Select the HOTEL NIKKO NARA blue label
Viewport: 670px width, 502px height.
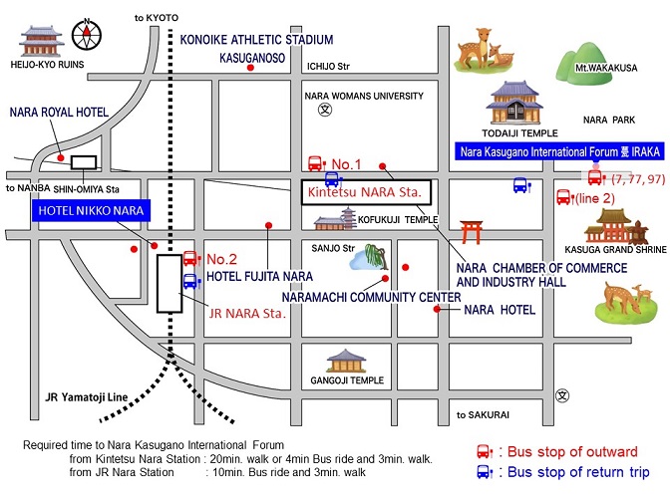click(91, 210)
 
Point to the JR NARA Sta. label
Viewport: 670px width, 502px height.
click(247, 311)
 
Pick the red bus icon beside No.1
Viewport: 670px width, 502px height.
click(316, 164)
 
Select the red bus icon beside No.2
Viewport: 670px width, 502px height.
click(190, 258)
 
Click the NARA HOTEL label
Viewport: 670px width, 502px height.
click(500, 310)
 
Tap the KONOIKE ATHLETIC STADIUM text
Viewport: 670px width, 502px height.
click(255, 39)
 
